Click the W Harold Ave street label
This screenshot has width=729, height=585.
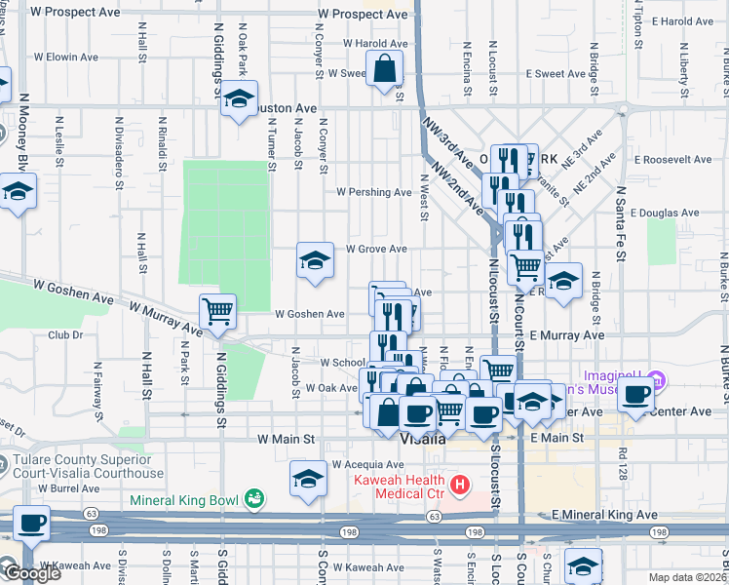click(372, 44)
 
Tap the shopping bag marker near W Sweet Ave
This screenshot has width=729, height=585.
click(385, 70)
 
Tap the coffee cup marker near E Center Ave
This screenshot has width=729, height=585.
click(636, 396)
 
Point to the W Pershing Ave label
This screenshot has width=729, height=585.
click(374, 192)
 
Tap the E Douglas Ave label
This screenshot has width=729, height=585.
click(665, 212)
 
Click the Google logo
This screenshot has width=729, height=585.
click(32, 573)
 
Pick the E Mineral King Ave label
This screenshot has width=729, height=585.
click(604, 514)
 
